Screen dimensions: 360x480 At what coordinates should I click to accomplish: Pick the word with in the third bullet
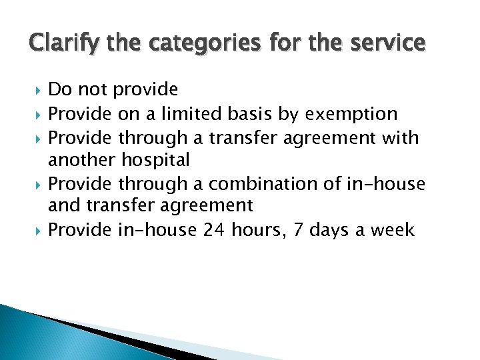pyautogui.click(x=401, y=137)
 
